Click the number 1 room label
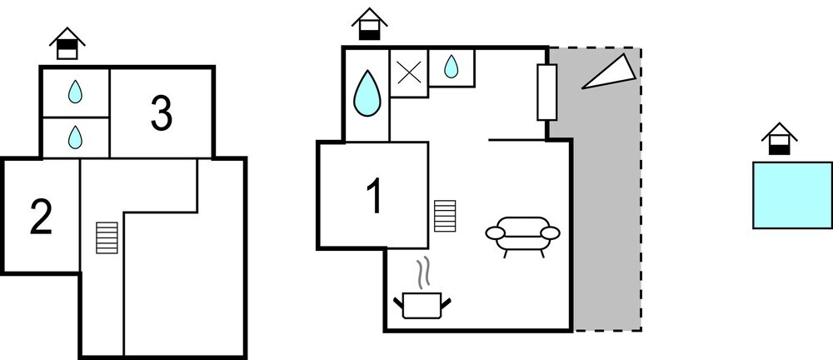coord(374,197)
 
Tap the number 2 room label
coord(41,217)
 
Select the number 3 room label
coord(162,114)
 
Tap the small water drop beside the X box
coord(451,67)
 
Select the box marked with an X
coord(409,72)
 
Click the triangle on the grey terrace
coord(608,72)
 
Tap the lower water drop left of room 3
coord(76,136)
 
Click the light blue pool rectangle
coord(792,195)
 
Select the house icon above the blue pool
coord(779,139)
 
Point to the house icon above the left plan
coord(67,43)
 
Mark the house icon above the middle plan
coord(368,24)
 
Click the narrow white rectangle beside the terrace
coord(546,92)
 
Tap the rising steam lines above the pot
coord(423,272)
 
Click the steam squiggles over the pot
coord(423,272)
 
